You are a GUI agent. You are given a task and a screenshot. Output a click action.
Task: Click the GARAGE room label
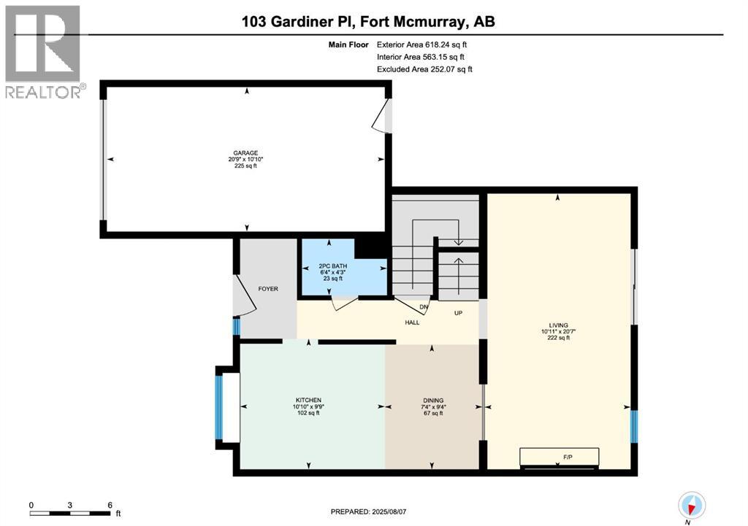(x=245, y=152)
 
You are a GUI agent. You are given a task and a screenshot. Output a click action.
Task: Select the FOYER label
(x=268, y=289)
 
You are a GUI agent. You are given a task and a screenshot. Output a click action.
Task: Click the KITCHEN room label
(x=308, y=400)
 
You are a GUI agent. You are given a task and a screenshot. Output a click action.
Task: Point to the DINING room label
(x=432, y=400)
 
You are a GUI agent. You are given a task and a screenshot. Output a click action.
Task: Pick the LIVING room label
(x=558, y=325)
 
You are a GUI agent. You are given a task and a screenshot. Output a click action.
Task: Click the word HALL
(x=413, y=322)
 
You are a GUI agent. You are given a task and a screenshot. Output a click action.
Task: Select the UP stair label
(x=459, y=313)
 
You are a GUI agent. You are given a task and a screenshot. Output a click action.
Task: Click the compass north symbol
(x=690, y=505)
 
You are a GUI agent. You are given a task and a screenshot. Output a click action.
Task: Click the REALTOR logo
(x=43, y=52)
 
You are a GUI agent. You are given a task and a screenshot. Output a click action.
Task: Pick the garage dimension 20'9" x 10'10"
(x=245, y=159)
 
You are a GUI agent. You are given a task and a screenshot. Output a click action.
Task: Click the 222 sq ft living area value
(x=558, y=338)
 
